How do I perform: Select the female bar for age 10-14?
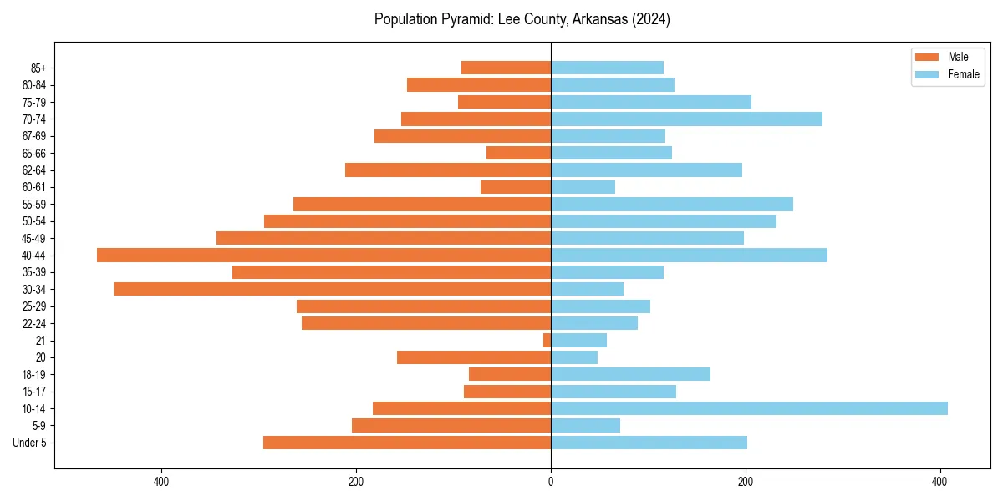click(749, 408)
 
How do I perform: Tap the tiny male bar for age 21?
click(547, 341)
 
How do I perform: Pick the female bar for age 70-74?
click(686, 119)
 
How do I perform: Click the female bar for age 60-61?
click(583, 187)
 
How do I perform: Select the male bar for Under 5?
click(407, 443)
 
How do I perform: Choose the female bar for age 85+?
click(607, 68)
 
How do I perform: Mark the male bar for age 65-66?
click(518, 153)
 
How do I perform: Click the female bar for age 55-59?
click(672, 205)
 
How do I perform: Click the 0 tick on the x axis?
click(551, 482)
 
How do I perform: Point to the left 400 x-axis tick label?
click(161, 482)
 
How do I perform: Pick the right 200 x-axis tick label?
click(746, 482)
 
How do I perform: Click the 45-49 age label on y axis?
click(34, 239)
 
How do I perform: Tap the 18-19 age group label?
click(34, 375)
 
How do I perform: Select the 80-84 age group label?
click(34, 85)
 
